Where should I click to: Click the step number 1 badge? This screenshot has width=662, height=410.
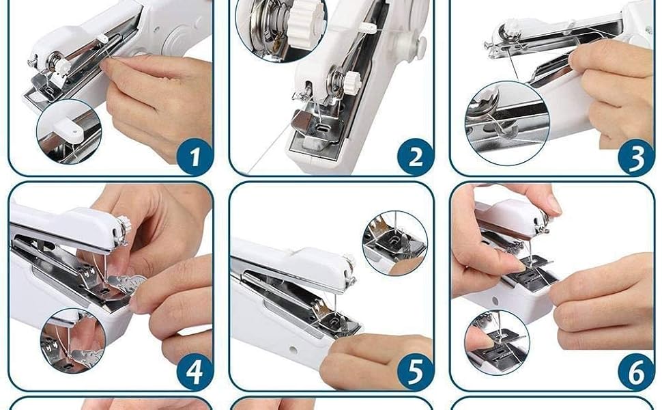tap(195, 158)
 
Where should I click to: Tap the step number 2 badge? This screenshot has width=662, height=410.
tap(415, 158)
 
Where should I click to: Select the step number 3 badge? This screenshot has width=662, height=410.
tap(635, 158)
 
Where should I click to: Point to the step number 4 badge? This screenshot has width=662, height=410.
tap(195, 373)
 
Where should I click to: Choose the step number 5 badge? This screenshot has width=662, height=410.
tap(415, 373)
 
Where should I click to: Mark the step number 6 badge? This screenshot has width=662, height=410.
tap(635, 373)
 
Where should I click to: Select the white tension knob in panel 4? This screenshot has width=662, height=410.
tap(124, 224)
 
